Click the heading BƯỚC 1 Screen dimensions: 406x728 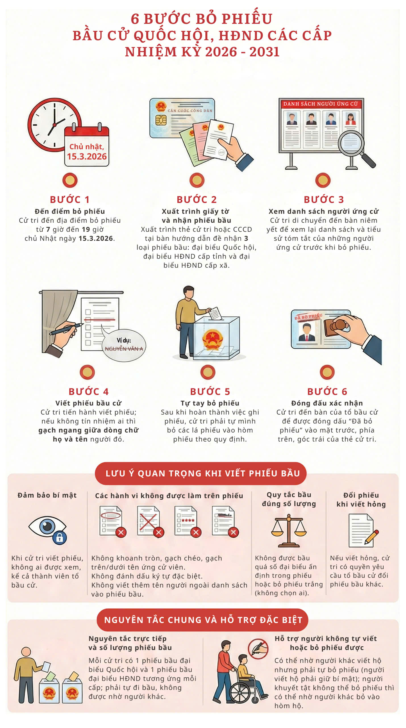(x=70, y=200)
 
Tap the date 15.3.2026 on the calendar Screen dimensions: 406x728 (x=87, y=156)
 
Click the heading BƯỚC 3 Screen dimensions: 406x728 (x=324, y=200)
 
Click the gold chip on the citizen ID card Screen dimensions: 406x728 (x=161, y=120)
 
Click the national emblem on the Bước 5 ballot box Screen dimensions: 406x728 (x=212, y=339)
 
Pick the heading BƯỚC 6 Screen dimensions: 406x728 (x=327, y=392)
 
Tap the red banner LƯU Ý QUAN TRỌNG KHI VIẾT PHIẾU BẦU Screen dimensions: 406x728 (x=201, y=473)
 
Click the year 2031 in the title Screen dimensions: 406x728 (x=264, y=52)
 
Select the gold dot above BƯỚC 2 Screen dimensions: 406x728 (x=197, y=180)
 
